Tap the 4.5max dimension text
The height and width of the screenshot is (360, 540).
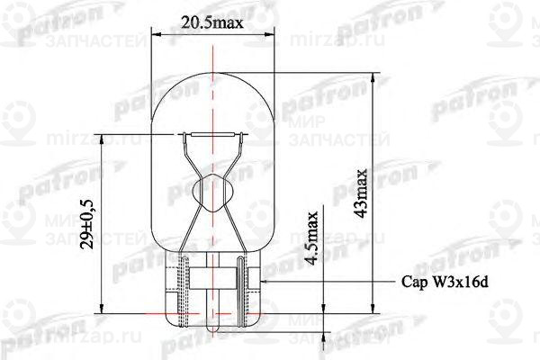pyautogui.click(x=312, y=236)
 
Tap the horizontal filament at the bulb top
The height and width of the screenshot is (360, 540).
pyautogui.click(x=217, y=136)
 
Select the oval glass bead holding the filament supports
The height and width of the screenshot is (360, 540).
pyautogui.click(x=217, y=192)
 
